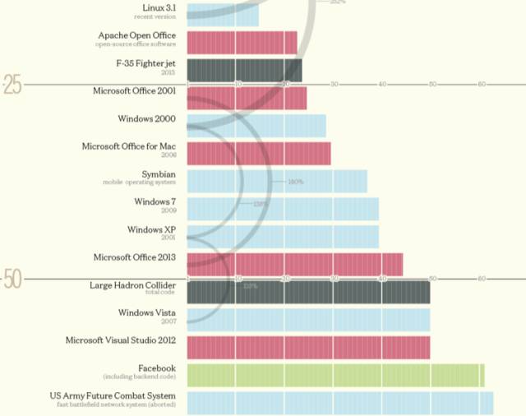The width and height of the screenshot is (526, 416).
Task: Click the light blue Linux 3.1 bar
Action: tap(223, 14)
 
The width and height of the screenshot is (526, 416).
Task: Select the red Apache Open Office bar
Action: tap(242, 43)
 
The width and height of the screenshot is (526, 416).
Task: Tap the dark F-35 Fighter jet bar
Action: tap(244, 70)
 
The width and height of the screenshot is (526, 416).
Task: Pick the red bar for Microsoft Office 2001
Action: tap(247, 98)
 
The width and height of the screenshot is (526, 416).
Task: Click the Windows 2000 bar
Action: tap(256, 126)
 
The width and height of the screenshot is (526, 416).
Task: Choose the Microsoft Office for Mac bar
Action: tap(259, 154)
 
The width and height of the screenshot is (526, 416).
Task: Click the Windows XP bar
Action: tap(283, 237)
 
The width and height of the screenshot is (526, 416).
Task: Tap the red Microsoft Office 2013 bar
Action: tap(295, 265)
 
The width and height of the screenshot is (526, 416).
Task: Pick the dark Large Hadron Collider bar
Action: tap(308, 292)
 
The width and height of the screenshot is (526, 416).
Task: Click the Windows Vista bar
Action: tap(308, 319)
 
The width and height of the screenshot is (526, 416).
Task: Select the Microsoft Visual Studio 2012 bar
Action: tap(308, 347)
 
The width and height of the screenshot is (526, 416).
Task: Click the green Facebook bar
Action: tap(335, 375)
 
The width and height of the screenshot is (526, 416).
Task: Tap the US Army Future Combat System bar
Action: tap(339, 403)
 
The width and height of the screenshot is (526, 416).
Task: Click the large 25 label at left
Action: tap(12, 85)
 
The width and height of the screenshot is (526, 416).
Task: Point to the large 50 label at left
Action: tap(12, 280)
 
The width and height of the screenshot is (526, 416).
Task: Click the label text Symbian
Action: tap(158, 174)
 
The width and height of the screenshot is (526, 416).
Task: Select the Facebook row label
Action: tap(156, 367)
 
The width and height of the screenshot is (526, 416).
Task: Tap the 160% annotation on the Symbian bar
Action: tap(296, 182)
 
